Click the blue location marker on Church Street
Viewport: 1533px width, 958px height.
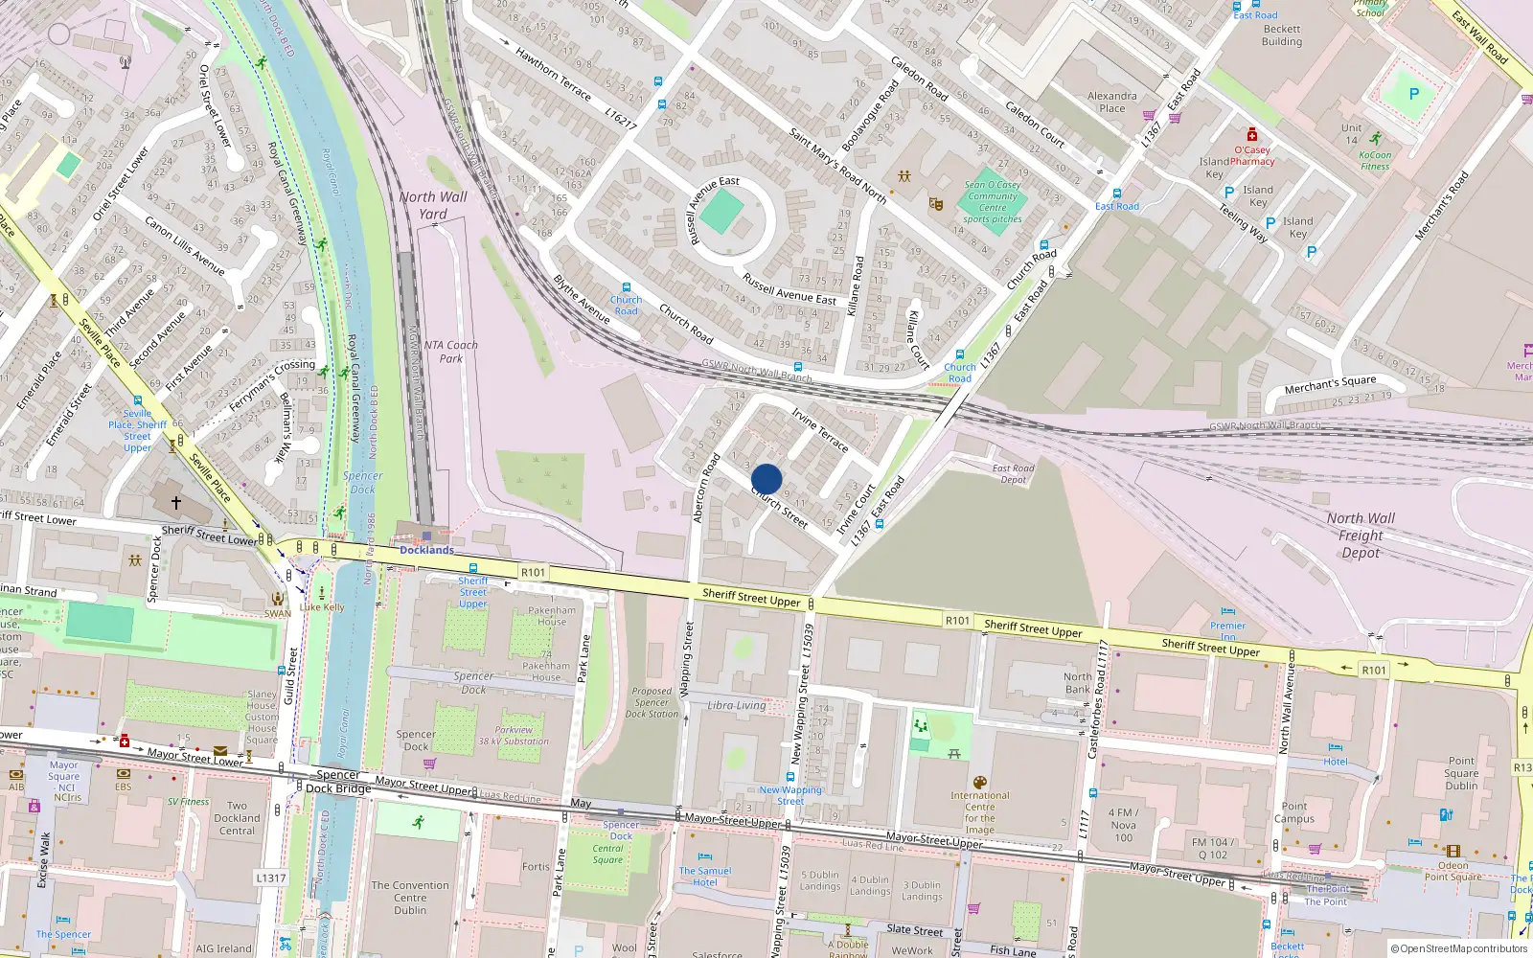pos(766,479)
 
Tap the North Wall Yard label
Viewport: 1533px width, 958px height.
pos(433,205)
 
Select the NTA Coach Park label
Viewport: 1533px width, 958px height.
pos(450,352)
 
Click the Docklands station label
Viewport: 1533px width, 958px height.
pos(426,550)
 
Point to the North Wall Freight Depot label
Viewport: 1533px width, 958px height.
pos(1361,536)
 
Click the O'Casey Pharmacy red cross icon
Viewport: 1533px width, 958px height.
pos(1251,135)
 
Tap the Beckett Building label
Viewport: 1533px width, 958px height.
pos(1282,35)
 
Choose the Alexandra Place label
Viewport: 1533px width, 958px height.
pos(1111,102)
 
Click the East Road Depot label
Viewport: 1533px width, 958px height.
pos(1013,474)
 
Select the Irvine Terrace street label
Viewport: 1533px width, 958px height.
pos(820,429)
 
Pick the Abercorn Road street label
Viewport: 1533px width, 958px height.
pos(706,488)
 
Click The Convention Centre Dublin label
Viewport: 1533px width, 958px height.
pos(409,898)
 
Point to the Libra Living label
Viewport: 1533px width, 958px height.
pos(736,705)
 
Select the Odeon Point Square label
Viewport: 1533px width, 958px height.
pos(1453,871)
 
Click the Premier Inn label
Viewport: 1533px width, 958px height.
pos(1227,630)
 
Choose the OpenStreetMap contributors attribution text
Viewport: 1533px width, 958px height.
pos(1459,948)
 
